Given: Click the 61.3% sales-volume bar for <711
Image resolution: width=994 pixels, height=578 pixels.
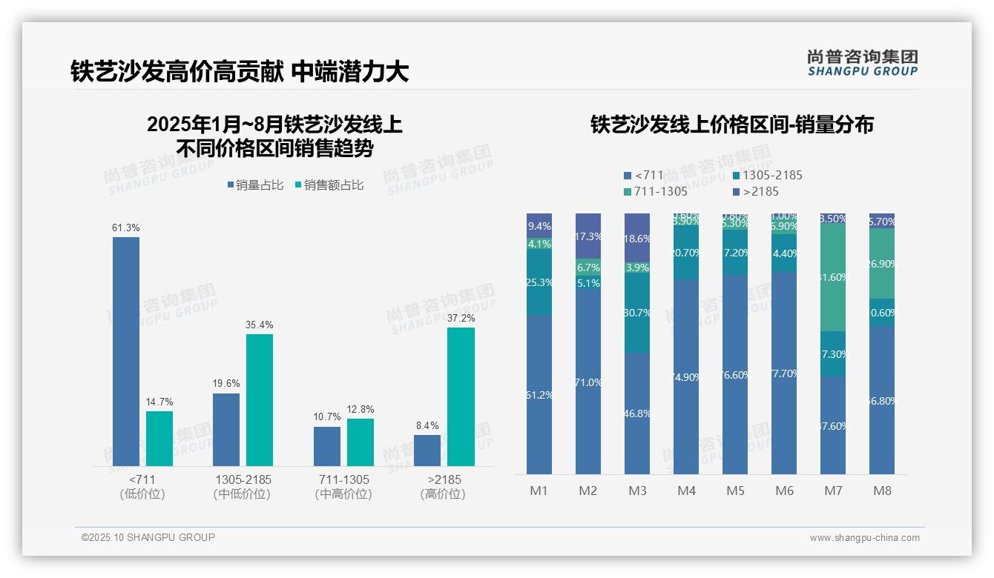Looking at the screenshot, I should click(x=126, y=351).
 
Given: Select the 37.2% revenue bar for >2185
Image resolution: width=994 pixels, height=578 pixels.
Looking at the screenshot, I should click(x=461, y=396).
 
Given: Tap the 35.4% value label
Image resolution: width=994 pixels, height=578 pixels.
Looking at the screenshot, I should click(x=260, y=325).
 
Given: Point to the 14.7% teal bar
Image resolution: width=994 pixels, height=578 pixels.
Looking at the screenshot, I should click(x=159, y=439).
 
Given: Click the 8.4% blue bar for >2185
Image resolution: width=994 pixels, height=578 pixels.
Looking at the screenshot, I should click(x=427, y=451).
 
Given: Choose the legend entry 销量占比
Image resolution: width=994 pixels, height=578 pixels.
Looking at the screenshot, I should click(x=255, y=185).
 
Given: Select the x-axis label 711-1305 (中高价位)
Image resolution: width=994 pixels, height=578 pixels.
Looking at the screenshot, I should click(x=343, y=487).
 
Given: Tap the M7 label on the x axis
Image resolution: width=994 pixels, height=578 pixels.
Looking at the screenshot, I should click(x=833, y=491).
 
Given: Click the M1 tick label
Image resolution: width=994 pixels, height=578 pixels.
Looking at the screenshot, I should click(x=539, y=491).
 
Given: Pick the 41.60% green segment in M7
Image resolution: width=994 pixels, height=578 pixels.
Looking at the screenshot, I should click(x=833, y=276).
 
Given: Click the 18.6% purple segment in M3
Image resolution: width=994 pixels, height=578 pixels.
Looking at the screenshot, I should click(x=637, y=238).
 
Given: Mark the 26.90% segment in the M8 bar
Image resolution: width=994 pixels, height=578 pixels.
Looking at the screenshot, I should click(x=882, y=263).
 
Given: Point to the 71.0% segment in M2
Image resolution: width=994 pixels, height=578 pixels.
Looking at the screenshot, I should click(x=588, y=382).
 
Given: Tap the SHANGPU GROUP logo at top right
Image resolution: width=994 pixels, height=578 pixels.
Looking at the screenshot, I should click(x=863, y=62).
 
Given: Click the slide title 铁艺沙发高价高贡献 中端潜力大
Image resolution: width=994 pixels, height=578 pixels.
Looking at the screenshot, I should click(x=240, y=71).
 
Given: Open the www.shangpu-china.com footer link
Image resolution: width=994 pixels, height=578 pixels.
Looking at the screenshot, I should click(x=864, y=538).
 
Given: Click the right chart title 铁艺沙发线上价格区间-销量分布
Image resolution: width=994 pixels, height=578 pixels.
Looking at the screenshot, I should click(x=731, y=124).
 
